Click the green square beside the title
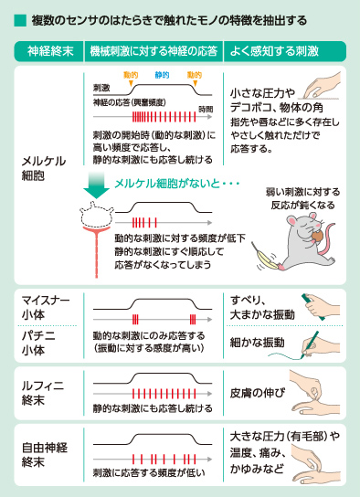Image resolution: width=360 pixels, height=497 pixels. pos(20,20)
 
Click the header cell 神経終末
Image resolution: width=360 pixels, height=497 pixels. pos(50,51)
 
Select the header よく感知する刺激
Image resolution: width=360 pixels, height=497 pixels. pos(274,51)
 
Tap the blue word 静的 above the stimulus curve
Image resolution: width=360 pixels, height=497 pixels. pos(162,75)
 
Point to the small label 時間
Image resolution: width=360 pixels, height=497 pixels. pos(206,110)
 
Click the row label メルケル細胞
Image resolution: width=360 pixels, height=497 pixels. pos(44,168)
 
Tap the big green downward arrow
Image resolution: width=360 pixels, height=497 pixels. pos(96,185)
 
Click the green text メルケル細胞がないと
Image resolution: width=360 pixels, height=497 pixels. pos(167,184)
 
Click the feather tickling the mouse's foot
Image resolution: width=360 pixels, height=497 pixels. pos(264,257)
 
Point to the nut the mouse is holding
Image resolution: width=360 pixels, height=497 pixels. pos(317,236)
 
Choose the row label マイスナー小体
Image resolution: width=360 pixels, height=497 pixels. pos(46,307)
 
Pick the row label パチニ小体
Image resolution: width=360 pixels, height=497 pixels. pos(38,343)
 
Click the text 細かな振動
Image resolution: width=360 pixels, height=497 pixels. pos(258,343)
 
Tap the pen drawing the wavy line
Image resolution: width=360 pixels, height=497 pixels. pos(309,344)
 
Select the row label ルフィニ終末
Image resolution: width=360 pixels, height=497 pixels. pos(42,393)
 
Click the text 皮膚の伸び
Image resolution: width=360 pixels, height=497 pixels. pos(258,393)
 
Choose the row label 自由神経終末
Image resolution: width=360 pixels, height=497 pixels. pos(45,455)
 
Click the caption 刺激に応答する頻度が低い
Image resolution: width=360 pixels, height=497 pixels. pos(149,472)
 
